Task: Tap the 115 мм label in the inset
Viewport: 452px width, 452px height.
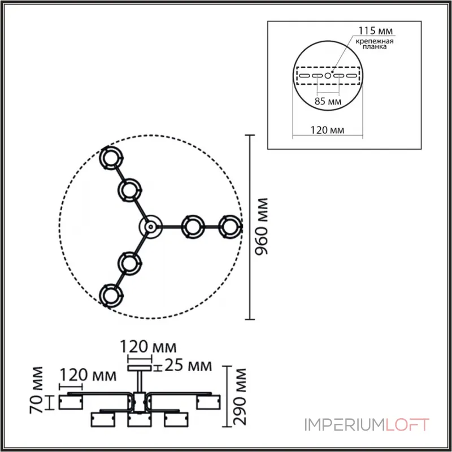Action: (x=374, y=29)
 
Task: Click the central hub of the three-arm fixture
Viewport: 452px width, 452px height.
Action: (x=150, y=227)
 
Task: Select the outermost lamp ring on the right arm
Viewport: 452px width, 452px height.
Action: (x=229, y=227)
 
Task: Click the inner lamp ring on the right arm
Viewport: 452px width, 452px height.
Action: (x=193, y=227)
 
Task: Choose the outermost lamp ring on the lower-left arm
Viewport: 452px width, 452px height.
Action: (x=110, y=295)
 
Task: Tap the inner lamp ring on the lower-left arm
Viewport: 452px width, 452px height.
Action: (x=130, y=262)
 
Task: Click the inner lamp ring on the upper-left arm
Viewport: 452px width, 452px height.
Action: (x=130, y=190)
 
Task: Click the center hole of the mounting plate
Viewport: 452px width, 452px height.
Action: (x=327, y=75)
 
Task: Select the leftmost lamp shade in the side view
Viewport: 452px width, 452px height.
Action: (x=72, y=402)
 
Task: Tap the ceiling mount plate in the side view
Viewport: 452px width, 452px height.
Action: (x=139, y=368)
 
